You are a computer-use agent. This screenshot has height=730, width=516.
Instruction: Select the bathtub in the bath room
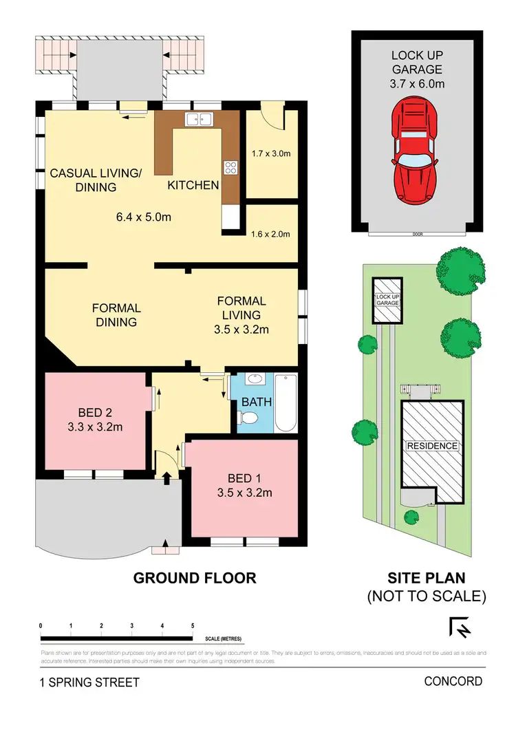pos(286,403)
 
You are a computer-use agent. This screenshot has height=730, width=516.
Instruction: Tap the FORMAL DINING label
pos(116,314)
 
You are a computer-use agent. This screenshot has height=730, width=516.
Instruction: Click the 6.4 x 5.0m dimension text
pos(142,217)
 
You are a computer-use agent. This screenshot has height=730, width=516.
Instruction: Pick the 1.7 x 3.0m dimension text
pos(272,153)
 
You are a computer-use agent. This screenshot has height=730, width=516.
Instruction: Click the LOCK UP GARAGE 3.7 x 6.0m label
pos(418,69)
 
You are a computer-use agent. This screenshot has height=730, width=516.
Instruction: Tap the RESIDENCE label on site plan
pos(431,446)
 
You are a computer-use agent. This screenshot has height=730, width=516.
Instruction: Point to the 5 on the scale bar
pos(192,625)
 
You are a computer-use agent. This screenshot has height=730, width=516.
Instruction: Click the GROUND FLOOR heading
pos(194,578)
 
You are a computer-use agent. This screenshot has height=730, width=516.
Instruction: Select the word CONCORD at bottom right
pos(453,681)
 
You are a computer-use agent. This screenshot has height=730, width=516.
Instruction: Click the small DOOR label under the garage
pos(417,234)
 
